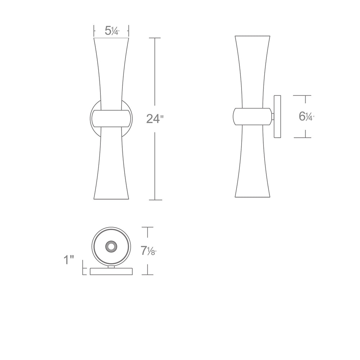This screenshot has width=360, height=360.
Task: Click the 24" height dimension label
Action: (155, 119)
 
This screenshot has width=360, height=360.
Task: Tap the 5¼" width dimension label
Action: (112, 31)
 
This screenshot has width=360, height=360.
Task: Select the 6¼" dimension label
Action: (306, 116)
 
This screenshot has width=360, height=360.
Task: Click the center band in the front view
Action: (111, 118)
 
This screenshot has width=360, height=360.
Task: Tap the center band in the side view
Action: (252, 116)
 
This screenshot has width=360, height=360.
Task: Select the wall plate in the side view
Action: (277, 116)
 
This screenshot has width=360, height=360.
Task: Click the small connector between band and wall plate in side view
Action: (273, 117)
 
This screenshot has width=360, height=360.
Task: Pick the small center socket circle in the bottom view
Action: (111, 247)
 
